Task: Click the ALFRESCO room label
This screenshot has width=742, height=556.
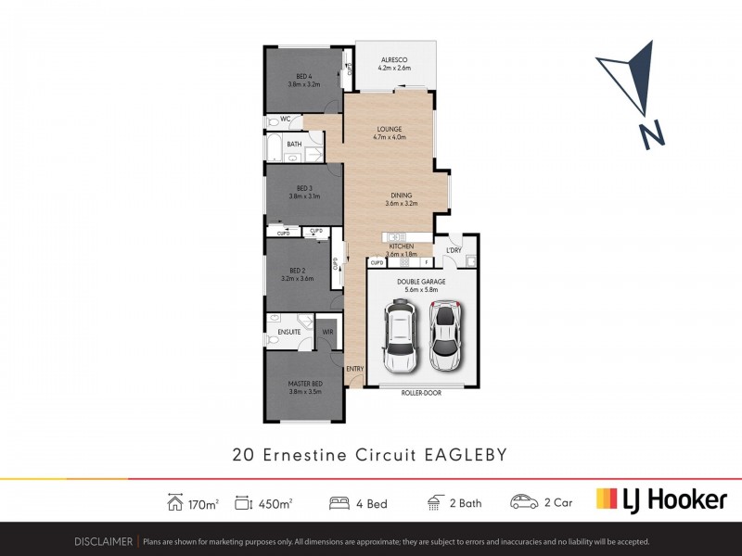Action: click(x=393, y=57)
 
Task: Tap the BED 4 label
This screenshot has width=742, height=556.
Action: click(x=303, y=76)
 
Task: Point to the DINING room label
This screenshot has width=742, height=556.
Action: click(x=401, y=196)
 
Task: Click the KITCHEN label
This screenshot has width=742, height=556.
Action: click(x=401, y=246)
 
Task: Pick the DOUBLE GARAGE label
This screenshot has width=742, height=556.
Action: click(x=421, y=281)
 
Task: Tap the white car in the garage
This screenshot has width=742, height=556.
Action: click(x=401, y=339)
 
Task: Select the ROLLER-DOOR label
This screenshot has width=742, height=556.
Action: click(x=421, y=393)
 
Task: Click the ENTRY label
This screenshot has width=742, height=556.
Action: click(x=355, y=369)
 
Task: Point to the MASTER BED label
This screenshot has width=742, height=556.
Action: click(x=304, y=384)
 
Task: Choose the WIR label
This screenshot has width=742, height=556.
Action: click(x=327, y=331)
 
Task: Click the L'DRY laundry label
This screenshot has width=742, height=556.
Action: click(x=454, y=251)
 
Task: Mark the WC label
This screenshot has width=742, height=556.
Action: click(x=286, y=120)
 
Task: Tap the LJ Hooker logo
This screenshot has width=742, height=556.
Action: click(x=660, y=500)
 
